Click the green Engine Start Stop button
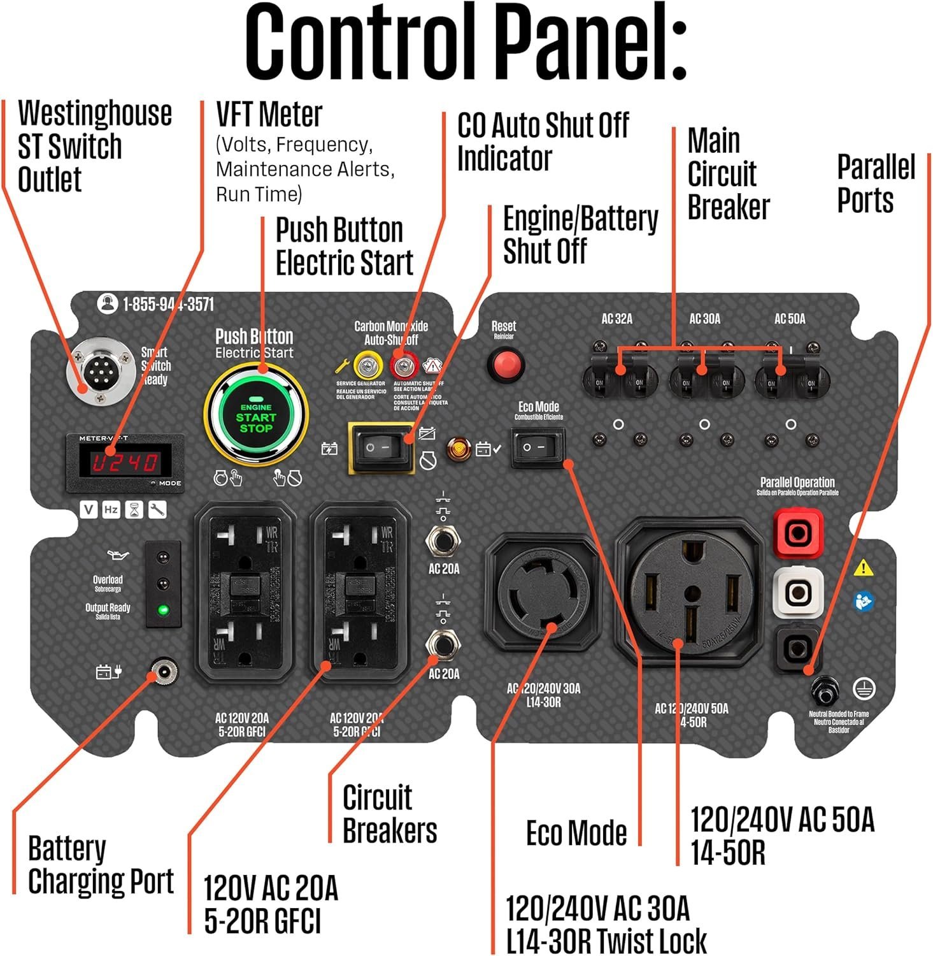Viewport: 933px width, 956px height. (256, 417)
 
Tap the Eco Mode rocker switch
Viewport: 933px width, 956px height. (539, 447)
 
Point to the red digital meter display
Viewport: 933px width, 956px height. (125, 461)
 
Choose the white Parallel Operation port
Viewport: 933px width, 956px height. (797, 593)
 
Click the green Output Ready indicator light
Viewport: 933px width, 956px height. (163, 610)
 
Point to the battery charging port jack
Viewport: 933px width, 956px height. (164, 672)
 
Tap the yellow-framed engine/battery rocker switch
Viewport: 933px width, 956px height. (380, 447)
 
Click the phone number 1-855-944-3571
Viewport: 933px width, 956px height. (168, 305)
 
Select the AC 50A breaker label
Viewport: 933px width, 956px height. (790, 319)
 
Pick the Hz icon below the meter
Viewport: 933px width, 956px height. (111, 510)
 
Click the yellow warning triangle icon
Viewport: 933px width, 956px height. (863, 567)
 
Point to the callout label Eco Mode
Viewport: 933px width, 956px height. (576, 832)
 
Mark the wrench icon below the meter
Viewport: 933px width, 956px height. (157, 510)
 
